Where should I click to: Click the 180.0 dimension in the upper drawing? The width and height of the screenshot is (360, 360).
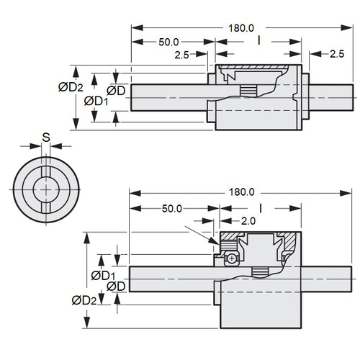point(241,28)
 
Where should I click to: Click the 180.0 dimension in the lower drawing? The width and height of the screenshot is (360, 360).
point(241,192)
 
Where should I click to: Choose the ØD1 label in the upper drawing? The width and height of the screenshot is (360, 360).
point(96,101)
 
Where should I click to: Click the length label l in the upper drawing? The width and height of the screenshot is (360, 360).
point(258,41)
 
